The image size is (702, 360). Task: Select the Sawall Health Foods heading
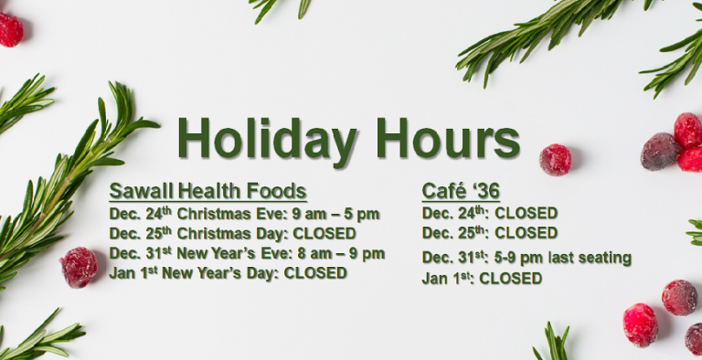tap(207, 192)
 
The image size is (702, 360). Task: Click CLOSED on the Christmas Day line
tap(324, 233)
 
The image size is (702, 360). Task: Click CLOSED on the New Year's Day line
tap(315, 272)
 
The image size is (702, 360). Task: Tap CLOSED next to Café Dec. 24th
tap(526, 214)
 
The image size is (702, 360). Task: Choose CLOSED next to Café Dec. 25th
tap(526, 233)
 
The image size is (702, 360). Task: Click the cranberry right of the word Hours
tap(555, 159)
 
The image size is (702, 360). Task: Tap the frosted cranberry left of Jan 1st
tap(79, 267)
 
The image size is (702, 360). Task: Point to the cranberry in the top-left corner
tap(9, 29)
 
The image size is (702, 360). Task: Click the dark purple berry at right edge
tap(659, 151)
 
